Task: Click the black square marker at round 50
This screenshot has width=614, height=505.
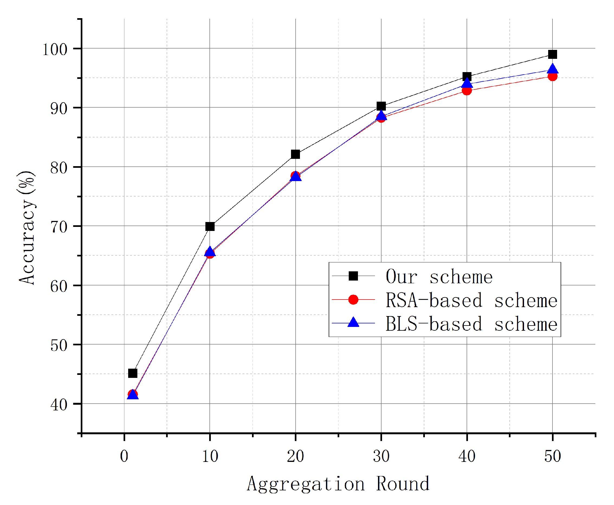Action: (x=552, y=54)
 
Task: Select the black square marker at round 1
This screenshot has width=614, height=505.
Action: (x=133, y=373)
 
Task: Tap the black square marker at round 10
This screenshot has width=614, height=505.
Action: (x=210, y=226)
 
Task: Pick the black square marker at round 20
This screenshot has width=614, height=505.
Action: (x=295, y=154)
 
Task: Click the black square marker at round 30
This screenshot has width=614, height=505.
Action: (x=381, y=106)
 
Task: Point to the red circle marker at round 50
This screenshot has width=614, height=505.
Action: (x=552, y=76)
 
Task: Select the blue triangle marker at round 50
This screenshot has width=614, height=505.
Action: (x=552, y=69)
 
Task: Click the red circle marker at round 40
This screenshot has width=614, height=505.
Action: (x=467, y=91)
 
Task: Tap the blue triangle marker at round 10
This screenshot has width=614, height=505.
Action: (x=210, y=252)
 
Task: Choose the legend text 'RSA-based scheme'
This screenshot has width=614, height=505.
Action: (x=471, y=300)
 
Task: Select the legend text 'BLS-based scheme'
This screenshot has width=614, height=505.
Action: (x=471, y=324)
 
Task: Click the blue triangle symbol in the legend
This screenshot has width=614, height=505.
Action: (x=353, y=323)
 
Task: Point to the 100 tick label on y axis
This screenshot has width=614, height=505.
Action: (x=55, y=49)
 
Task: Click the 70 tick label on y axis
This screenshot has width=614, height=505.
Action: (x=59, y=227)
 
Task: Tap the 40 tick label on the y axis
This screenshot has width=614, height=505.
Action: (x=59, y=405)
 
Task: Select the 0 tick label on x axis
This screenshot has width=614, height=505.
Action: (x=124, y=456)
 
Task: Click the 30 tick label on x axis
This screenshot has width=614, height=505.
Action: (x=381, y=456)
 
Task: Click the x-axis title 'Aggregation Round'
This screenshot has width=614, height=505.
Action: (x=338, y=484)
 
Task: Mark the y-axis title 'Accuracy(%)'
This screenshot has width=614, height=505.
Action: (x=27, y=227)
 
